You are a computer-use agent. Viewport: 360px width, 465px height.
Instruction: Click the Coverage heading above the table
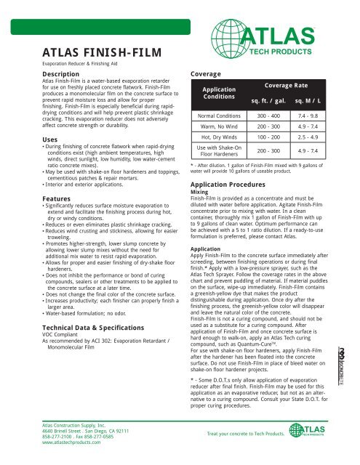tap(209, 74)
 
